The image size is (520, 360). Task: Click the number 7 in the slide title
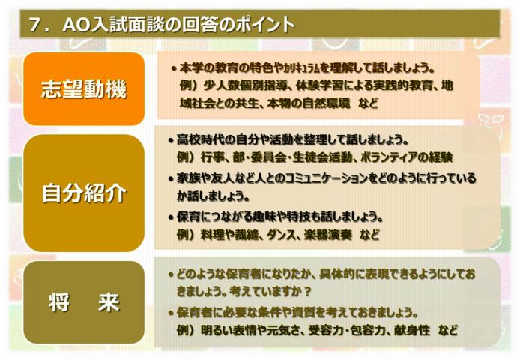35,25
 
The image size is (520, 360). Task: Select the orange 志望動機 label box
84,89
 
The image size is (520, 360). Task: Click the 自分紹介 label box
84,193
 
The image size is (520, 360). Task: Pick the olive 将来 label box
84,302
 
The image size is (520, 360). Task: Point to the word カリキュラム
300,68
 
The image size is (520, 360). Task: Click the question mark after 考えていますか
308,292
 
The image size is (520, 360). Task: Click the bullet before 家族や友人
171,179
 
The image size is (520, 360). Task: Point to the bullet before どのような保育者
171,274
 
